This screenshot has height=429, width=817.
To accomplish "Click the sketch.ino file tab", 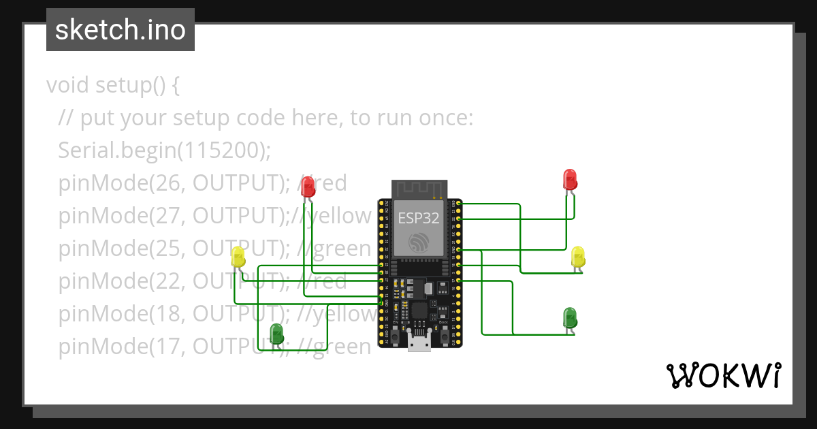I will (x=120, y=30).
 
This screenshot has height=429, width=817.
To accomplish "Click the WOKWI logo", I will (x=722, y=376).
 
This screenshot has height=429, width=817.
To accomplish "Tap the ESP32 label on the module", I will (x=419, y=218).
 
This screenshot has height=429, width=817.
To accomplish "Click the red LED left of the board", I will (x=308, y=186).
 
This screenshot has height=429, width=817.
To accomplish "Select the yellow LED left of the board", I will (x=238, y=257).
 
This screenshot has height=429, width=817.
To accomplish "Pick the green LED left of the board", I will (x=276, y=333).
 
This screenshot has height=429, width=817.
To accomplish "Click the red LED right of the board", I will (x=570, y=179).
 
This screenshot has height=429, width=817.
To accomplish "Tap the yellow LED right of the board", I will (x=578, y=257).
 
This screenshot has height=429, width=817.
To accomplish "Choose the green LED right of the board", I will (x=570, y=317).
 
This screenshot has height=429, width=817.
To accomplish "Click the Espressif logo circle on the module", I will (x=419, y=242).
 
